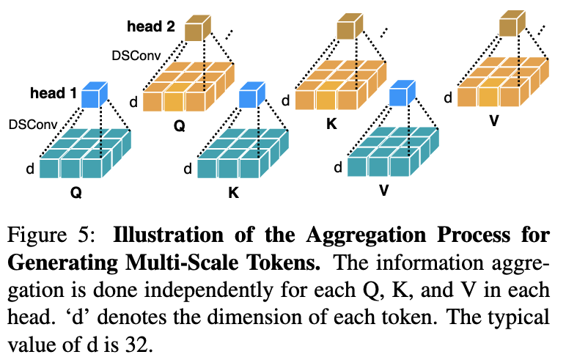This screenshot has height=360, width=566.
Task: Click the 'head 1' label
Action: pyautogui.click(x=54, y=94)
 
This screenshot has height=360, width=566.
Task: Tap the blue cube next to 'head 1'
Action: pyautogui.click(x=93, y=95)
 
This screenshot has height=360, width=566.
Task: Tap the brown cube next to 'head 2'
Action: pyautogui.click(x=196, y=29)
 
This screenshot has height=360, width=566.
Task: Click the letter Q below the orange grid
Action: pyautogui.click(x=179, y=126)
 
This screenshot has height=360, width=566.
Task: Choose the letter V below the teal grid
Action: pyautogui.click(x=383, y=189)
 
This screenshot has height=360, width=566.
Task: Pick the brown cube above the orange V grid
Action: pyautogui.click(x=510, y=26)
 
